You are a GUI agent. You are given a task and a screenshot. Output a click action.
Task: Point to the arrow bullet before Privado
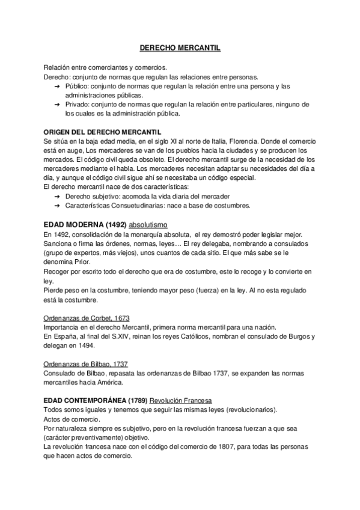point(57,104)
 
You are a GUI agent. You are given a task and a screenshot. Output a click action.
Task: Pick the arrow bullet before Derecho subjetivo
point(57,197)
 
